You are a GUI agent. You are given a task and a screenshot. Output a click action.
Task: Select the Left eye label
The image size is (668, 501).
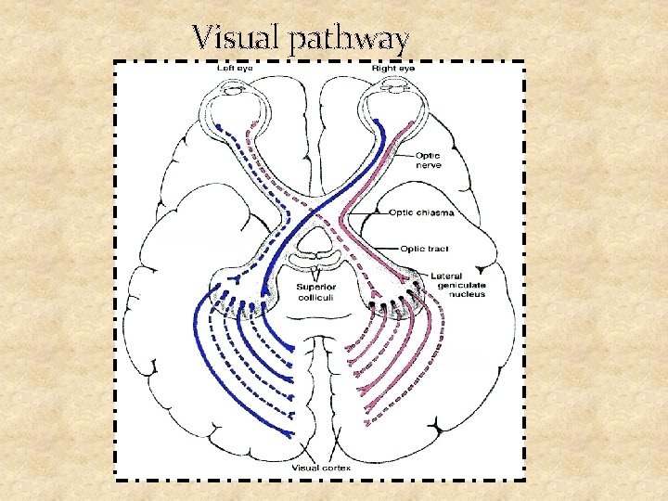(233, 68)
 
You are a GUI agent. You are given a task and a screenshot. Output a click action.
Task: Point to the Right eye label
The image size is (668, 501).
(394, 68)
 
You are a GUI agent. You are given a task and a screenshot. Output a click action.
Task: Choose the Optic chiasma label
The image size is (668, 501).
(428, 213)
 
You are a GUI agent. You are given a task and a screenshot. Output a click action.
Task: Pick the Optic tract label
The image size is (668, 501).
(426, 248)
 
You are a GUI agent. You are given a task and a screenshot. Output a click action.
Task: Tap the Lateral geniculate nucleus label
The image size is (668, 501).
(457, 285)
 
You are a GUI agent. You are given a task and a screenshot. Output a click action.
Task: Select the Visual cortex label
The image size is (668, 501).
(320, 468)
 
